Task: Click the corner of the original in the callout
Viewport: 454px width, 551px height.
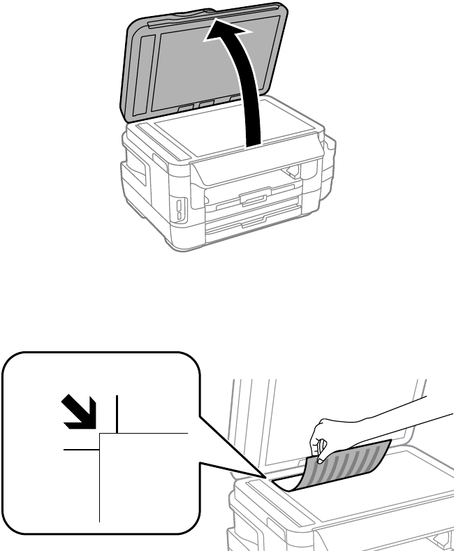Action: coord(102,434)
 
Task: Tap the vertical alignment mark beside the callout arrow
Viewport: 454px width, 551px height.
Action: coord(117,412)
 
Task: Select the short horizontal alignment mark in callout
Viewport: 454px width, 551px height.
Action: coord(80,450)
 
